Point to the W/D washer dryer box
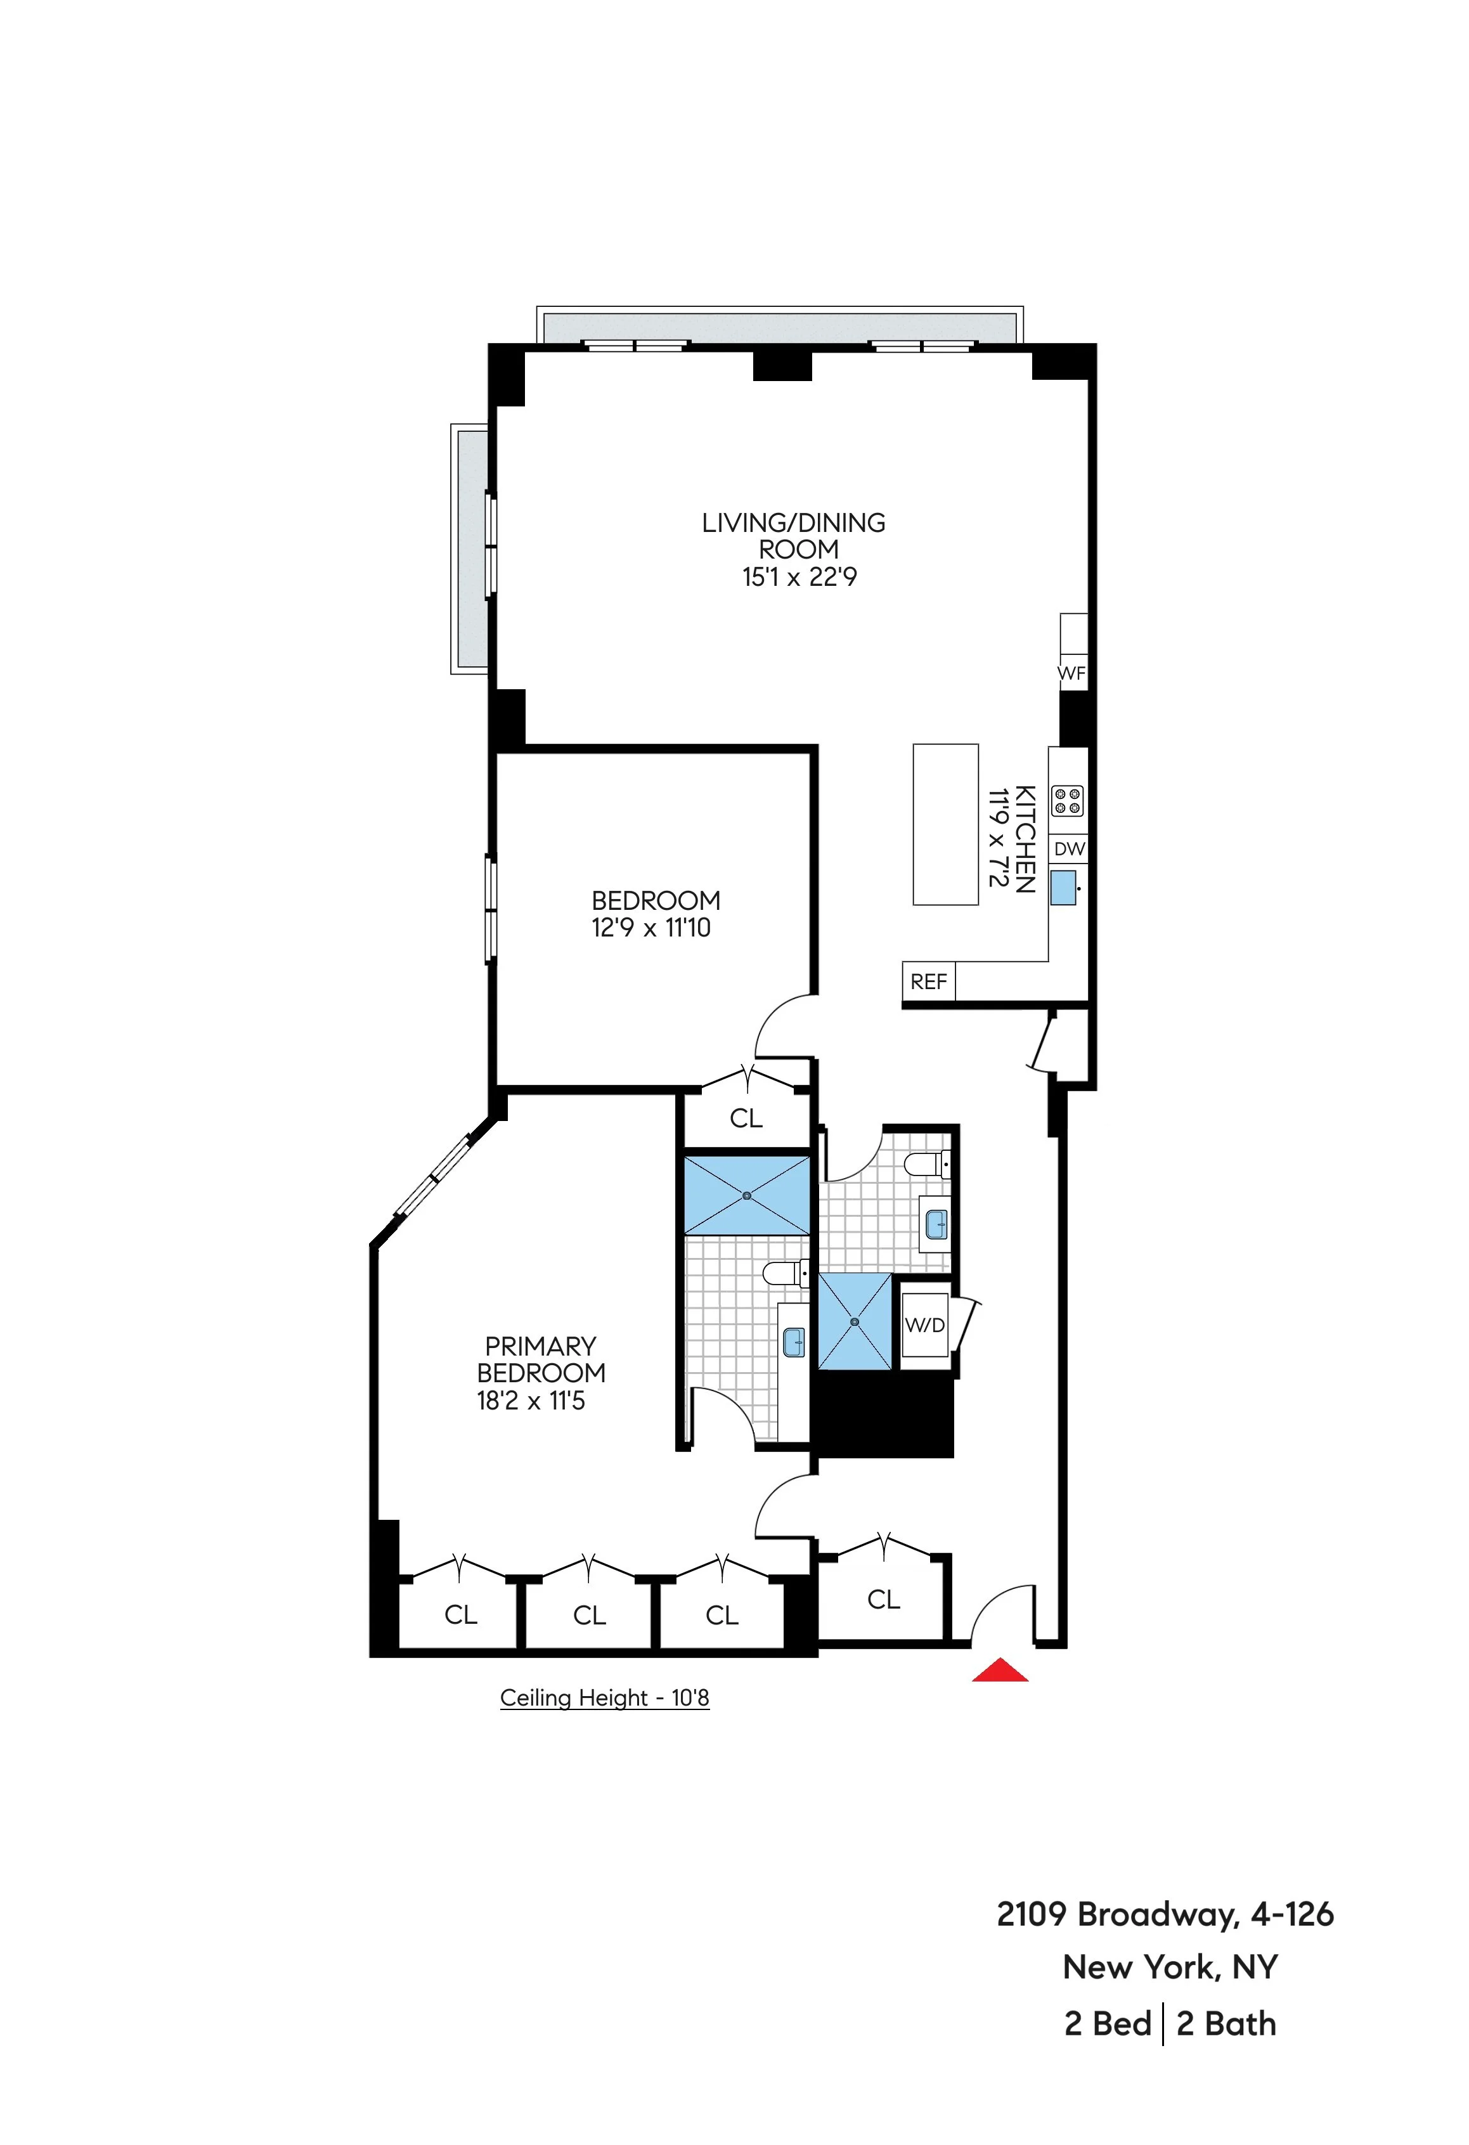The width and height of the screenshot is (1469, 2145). pyautogui.click(x=924, y=1326)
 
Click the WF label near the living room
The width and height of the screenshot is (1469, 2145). pyautogui.click(x=1071, y=674)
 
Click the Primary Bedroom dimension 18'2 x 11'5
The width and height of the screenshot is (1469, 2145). pyautogui.click(x=531, y=1401)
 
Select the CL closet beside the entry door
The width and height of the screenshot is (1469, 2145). pyautogui.click(x=883, y=1600)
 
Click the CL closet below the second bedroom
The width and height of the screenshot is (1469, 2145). pyautogui.click(x=746, y=1118)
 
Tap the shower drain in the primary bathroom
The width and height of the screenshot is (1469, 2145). pyautogui.click(x=746, y=1196)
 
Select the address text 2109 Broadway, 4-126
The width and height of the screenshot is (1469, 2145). pyautogui.click(x=1165, y=1914)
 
